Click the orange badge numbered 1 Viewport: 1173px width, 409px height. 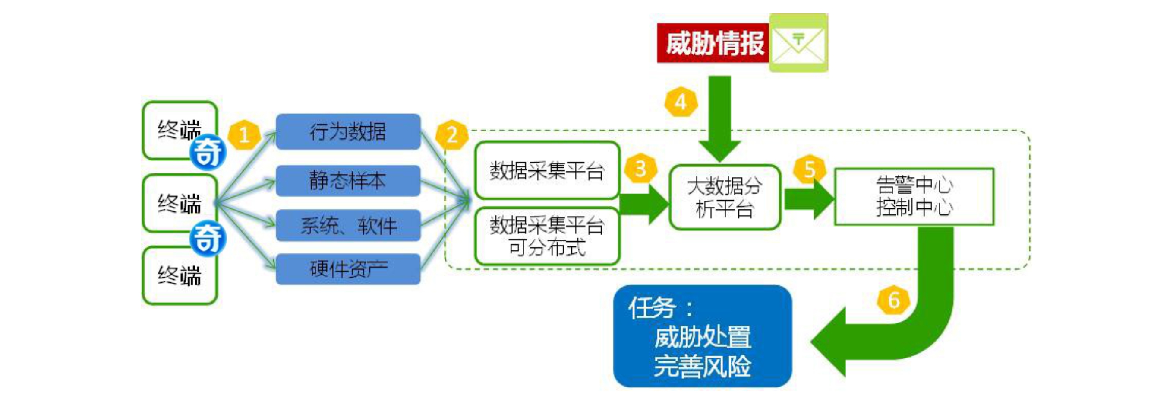tap(244, 135)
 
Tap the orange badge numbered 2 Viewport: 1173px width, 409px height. tap(452, 135)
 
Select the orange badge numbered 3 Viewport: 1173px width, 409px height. tap(640, 169)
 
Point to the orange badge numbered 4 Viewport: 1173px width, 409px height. tap(680, 102)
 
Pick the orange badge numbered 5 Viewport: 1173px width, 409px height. tap(809, 169)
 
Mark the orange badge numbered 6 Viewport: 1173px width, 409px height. tap(893, 300)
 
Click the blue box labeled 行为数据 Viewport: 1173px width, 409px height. tap(348, 131)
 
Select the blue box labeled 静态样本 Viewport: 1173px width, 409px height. tap(348, 181)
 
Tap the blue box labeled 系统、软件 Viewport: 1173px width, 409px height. tap(348, 225)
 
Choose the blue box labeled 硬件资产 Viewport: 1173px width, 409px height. tap(348, 269)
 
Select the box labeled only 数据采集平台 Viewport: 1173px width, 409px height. tap(546, 170)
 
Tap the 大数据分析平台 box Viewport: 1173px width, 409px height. tap(725, 198)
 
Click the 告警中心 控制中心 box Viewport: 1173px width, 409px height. tap(914, 197)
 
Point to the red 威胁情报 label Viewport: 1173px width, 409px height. tap(713, 43)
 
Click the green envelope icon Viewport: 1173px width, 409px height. tap(798, 43)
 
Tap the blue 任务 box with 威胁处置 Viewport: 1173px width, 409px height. tap(702, 336)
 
